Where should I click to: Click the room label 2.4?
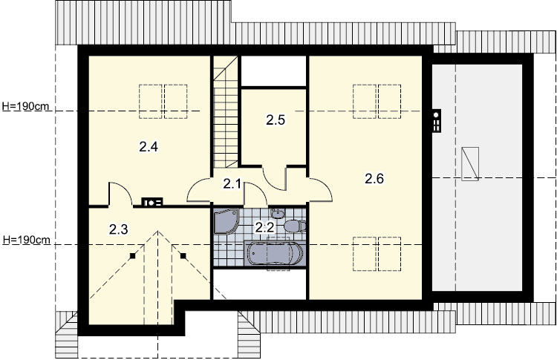149,146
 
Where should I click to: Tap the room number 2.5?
276,120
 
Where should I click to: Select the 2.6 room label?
374,179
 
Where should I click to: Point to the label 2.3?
118,229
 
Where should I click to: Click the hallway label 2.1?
232,184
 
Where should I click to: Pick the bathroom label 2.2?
265,227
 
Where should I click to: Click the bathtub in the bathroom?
276,254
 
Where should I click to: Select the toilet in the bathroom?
295,226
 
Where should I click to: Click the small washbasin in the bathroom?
278,213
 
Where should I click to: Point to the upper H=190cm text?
25,106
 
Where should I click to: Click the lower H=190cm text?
26,240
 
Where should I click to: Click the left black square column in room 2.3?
132,255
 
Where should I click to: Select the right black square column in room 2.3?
183,255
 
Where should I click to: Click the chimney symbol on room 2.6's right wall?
437,121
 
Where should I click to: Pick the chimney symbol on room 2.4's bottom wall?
152,203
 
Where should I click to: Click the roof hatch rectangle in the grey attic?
470,163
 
